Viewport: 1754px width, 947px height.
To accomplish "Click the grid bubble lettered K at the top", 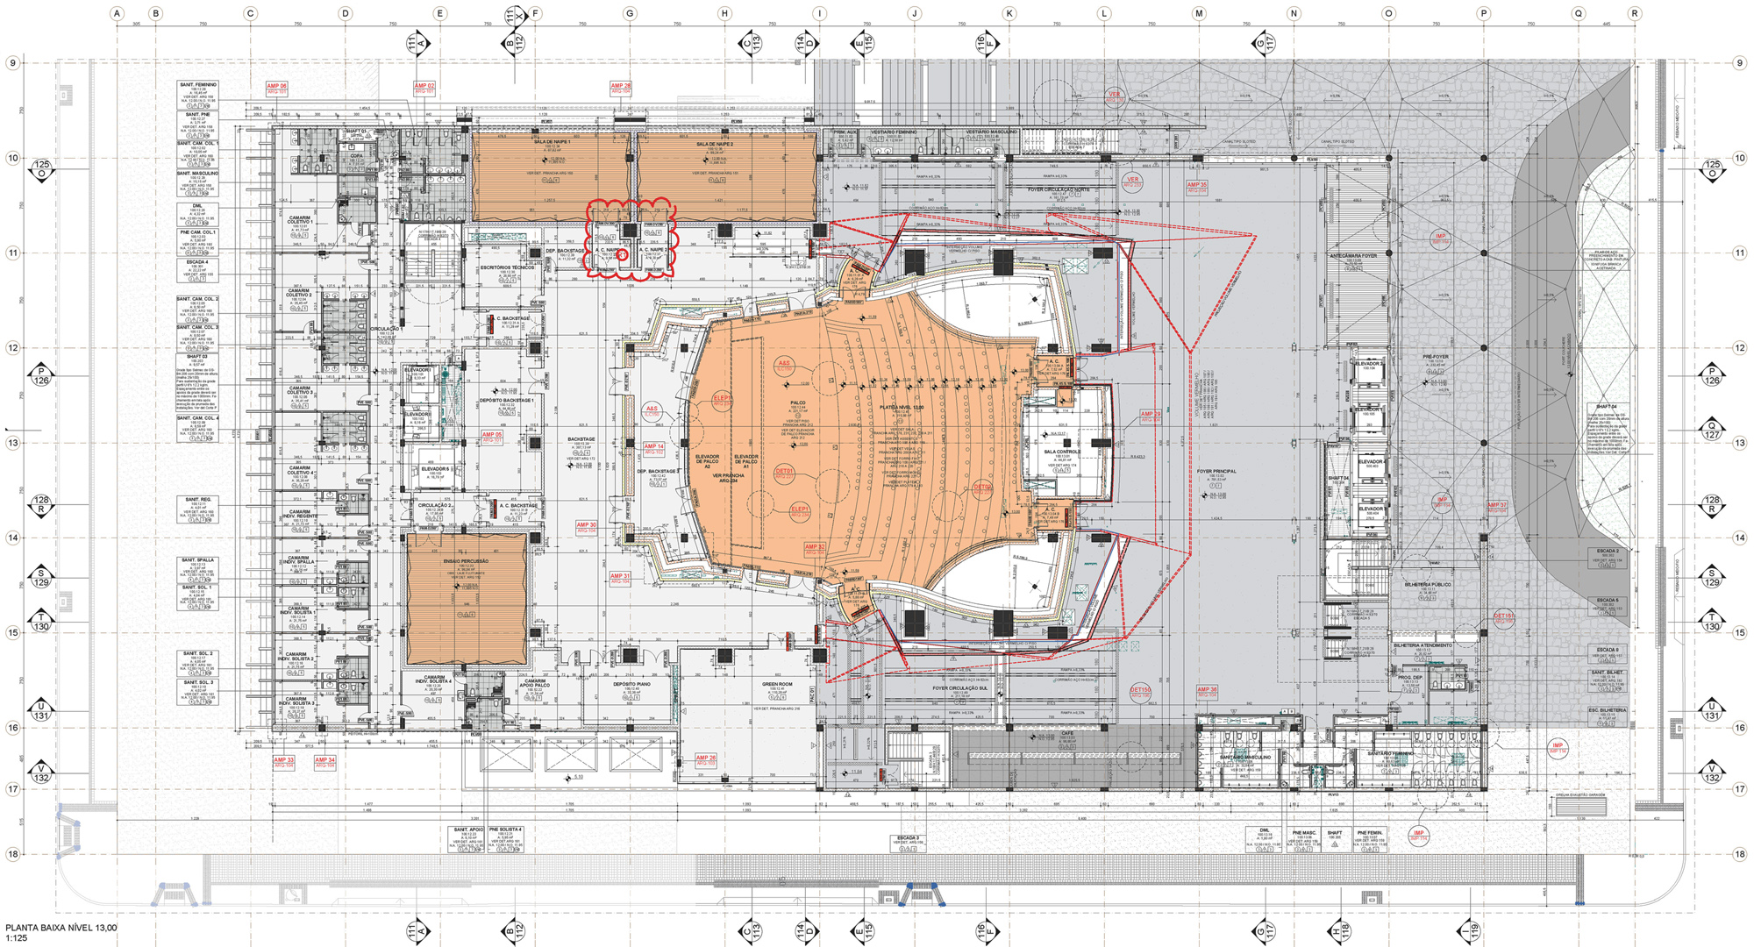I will pyautogui.click(x=1009, y=13).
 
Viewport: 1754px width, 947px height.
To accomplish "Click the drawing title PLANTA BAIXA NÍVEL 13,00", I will pyautogui.click(x=61, y=928).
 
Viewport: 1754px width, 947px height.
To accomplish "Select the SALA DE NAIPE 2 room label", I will pyautogui.click(x=715, y=144).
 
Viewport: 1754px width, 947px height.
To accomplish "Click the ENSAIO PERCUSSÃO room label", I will pyautogui.click(x=466, y=561).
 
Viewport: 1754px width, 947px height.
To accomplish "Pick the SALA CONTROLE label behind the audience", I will pyautogui.click(x=1062, y=452).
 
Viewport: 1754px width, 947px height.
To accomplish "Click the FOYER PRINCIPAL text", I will pyautogui.click(x=1216, y=472).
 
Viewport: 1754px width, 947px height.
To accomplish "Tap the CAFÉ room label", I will pyautogui.click(x=1067, y=733).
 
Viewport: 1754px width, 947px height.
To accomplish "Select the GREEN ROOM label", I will pyautogui.click(x=776, y=684).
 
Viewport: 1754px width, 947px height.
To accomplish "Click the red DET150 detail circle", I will pyautogui.click(x=1139, y=691).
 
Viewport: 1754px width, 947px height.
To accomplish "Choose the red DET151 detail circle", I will pyautogui.click(x=1503, y=617).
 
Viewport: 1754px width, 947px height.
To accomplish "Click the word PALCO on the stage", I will pyautogui.click(x=798, y=403).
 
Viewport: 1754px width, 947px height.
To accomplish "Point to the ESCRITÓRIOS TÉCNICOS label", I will pyautogui.click(x=507, y=267).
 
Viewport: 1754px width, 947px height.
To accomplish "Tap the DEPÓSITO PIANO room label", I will pyautogui.click(x=631, y=684).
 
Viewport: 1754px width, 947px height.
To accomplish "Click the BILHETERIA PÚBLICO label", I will pyautogui.click(x=1428, y=585).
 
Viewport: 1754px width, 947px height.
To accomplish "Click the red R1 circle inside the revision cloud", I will pyautogui.click(x=622, y=254).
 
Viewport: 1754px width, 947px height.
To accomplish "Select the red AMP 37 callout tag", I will pyautogui.click(x=1496, y=506).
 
